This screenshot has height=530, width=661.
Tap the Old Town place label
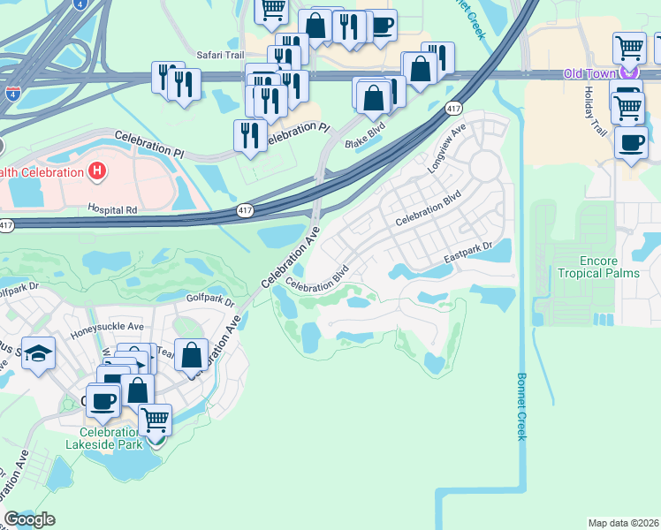(x=590, y=73)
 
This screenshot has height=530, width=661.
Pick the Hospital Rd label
(x=112, y=209)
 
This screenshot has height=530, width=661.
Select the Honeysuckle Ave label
(x=108, y=326)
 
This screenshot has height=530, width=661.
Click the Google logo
(x=29, y=519)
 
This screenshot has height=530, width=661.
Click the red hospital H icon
(x=97, y=170)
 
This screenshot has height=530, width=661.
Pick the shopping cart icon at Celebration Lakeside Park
(x=156, y=419)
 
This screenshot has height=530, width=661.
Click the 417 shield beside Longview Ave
(x=453, y=109)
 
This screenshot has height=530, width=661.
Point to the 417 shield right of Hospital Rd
(x=245, y=210)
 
